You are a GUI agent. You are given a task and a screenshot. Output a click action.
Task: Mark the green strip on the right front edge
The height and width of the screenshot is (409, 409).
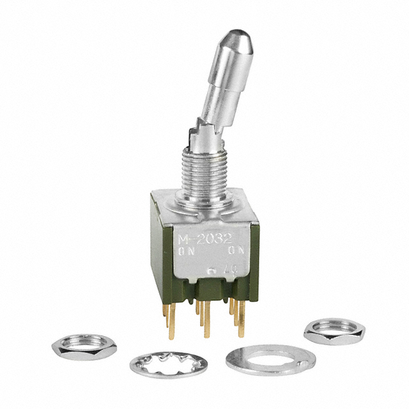[x=251, y=268]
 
